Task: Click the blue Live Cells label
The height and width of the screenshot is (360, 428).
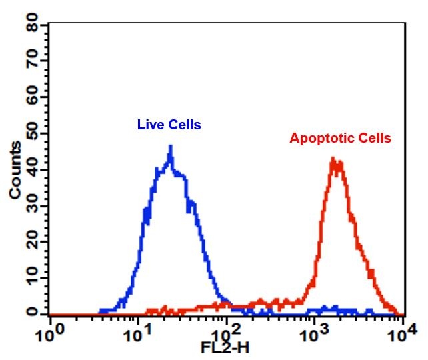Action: (169, 125)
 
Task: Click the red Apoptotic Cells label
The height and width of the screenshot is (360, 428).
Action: (340, 139)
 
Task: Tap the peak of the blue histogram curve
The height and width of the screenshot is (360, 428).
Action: (171, 147)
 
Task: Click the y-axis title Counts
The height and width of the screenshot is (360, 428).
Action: (15, 170)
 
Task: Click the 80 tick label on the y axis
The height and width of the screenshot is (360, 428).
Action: (30, 26)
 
